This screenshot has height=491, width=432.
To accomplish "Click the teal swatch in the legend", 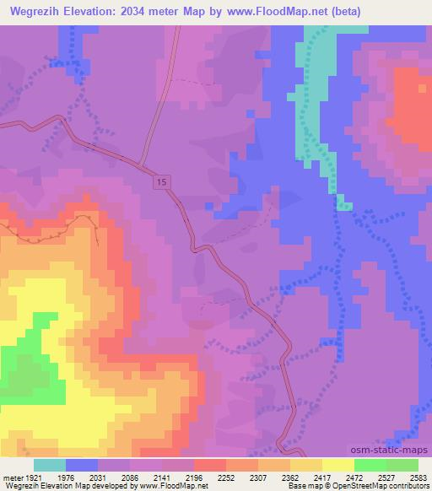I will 49,465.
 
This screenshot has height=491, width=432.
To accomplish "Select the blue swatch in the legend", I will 81,465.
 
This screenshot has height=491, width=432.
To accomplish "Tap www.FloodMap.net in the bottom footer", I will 172,486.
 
